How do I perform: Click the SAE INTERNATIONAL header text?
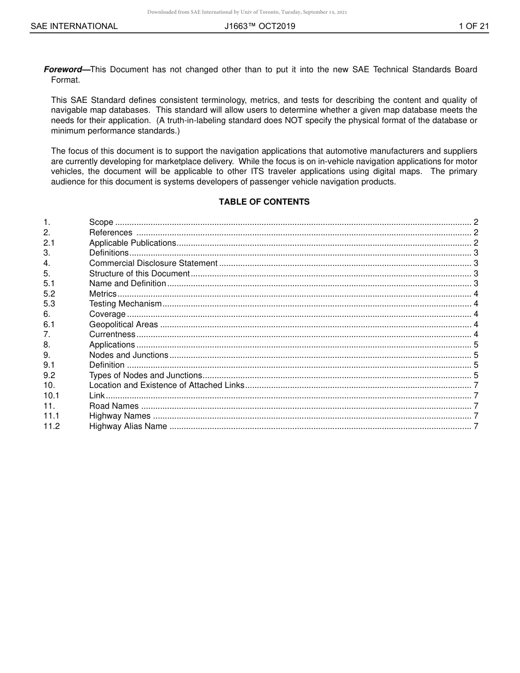point(74,26)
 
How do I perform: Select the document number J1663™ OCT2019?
point(259,26)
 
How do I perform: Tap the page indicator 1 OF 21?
point(473,26)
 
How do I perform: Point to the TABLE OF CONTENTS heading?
point(264,202)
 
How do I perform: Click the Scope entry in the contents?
point(101,222)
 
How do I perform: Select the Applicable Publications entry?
point(132,243)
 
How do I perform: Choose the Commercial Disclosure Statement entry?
point(153,263)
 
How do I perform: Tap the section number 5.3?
point(49,304)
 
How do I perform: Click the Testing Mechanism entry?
point(125,304)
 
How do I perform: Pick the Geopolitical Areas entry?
point(123,324)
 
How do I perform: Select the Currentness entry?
point(112,334)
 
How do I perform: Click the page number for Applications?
point(476,345)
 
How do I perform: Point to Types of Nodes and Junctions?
point(146,375)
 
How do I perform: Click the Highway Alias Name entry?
point(128,426)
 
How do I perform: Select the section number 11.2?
point(51,426)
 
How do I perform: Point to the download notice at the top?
point(247,11)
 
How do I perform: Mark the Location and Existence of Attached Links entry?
point(166,385)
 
